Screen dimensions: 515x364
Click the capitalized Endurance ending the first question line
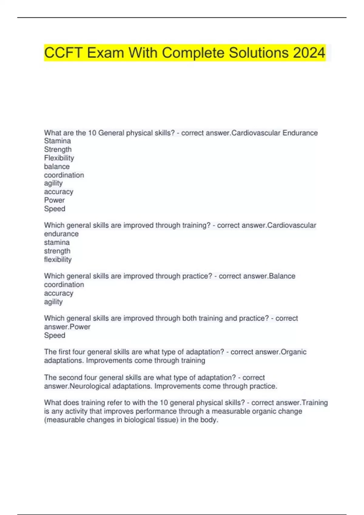click(x=300, y=133)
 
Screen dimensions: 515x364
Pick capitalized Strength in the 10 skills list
click(x=58, y=149)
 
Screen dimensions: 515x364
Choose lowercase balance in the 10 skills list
click(x=57, y=166)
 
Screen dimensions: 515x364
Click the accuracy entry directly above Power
click(x=59, y=192)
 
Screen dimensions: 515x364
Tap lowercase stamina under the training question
click(x=57, y=242)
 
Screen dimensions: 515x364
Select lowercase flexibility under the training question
click(x=58, y=259)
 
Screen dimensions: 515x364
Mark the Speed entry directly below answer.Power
click(x=55, y=335)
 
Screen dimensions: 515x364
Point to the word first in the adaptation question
click(x=64, y=352)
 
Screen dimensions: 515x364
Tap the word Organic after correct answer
click(x=293, y=352)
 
